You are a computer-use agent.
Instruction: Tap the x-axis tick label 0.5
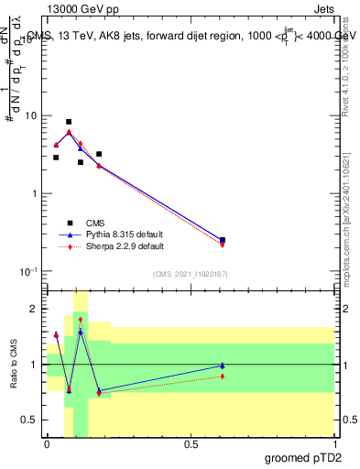191,444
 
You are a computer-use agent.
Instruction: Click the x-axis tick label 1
334,444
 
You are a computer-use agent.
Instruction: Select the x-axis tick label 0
47,444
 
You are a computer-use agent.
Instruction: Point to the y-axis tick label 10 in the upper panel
30,116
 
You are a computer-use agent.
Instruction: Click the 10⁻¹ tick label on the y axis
27,272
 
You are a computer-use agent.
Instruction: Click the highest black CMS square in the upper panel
69,122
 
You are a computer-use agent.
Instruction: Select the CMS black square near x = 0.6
223,240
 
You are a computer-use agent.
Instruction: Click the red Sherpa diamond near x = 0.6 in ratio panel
223,376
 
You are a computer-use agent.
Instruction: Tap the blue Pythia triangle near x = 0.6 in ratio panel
223,365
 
